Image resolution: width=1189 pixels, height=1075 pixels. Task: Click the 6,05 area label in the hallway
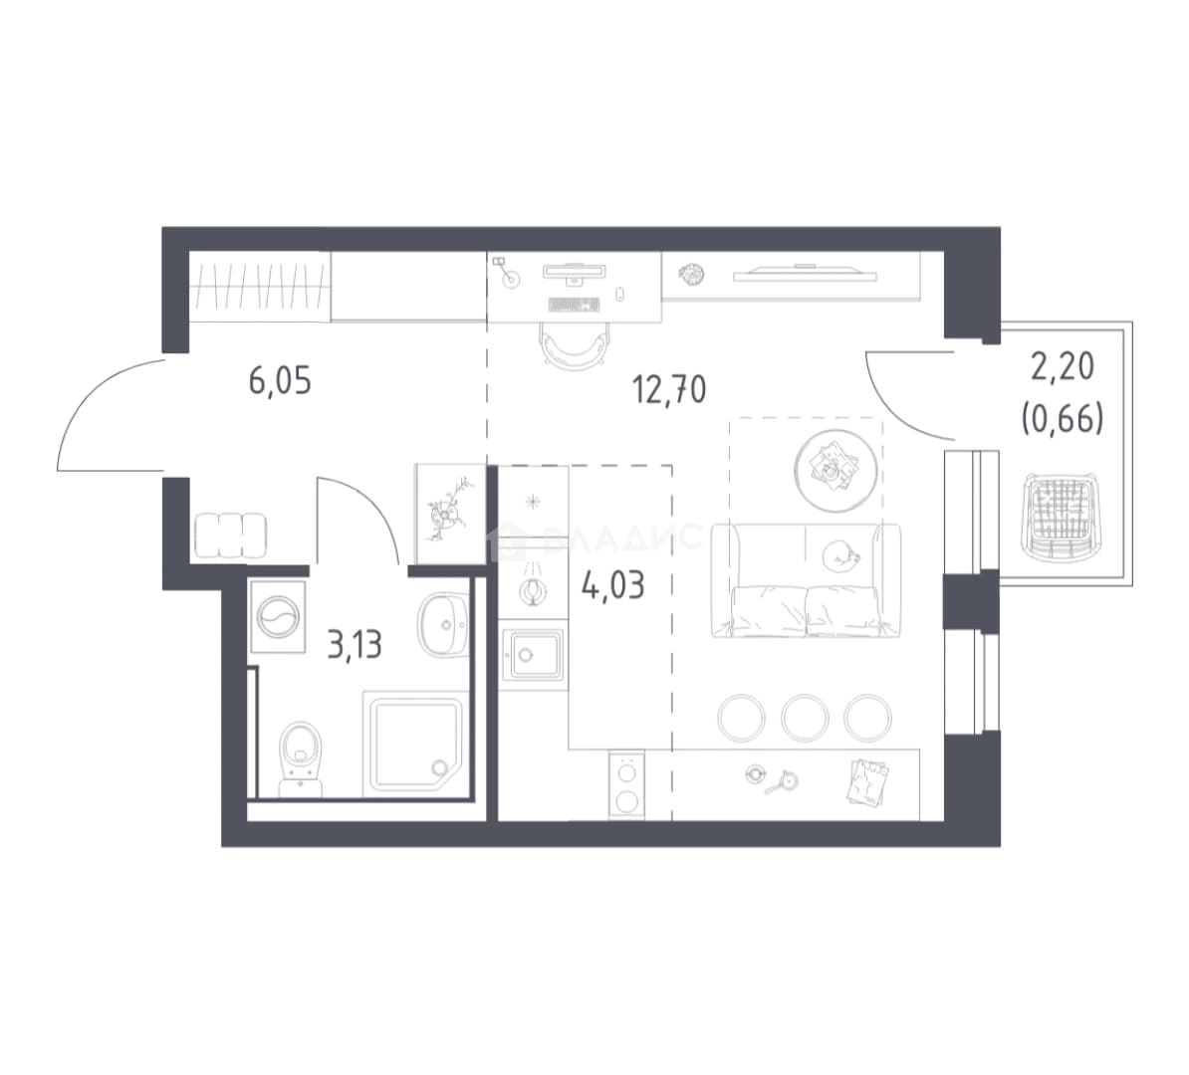[x=280, y=380]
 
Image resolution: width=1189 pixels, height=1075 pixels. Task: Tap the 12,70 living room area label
[x=669, y=389]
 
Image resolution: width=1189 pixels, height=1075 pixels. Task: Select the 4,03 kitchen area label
[x=612, y=585]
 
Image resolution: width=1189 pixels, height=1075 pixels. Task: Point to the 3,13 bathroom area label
[x=355, y=644]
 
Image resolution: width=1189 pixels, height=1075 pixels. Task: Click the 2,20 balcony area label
[x=1063, y=367]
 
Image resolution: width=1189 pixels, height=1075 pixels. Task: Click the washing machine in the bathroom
[x=278, y=616]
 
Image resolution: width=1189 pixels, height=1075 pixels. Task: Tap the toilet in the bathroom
[x=301, y=758]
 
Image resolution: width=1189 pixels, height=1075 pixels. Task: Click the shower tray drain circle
[x=440, y=768]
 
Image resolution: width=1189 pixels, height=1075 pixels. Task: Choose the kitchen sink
[x=534, y=655]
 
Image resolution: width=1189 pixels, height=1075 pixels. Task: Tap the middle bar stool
[x=805, y=718]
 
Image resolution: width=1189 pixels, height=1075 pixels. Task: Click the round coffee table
[x=836, y=470]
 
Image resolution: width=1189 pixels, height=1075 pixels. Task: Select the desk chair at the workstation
[x=576, y=345]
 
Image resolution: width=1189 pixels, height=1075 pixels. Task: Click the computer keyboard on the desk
[x=574, y=305]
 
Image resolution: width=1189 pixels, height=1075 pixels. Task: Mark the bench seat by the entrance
[x=230, y=537]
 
